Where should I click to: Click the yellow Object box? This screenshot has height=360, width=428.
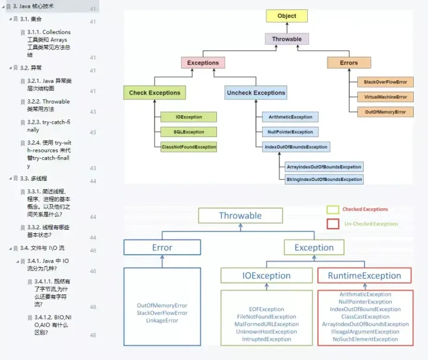[287, 16]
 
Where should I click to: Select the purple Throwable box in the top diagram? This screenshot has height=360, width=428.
[287, 39]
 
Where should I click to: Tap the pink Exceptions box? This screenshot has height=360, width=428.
[203, 62]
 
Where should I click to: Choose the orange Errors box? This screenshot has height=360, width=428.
[349, 62]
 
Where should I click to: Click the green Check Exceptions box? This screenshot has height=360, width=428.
[155, 93]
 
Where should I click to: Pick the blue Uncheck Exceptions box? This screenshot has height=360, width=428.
[256, 93]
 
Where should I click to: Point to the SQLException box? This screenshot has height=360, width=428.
[189, 132]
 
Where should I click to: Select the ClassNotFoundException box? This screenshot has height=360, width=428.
[189, 146]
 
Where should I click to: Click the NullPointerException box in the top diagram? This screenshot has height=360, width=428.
[290, 132]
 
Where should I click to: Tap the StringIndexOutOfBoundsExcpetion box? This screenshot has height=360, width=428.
[324, 179]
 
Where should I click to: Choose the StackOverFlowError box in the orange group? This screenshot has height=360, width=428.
[385, 82]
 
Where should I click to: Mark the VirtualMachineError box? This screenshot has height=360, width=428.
[385, 97]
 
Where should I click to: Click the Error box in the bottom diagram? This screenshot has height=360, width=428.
[162, 248]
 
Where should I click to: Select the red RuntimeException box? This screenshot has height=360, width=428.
[364, 276]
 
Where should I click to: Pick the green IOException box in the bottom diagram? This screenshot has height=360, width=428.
[266, 276]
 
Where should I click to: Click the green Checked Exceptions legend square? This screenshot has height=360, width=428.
[333, 209]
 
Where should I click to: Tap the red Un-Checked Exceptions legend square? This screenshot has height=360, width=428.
[333, 224]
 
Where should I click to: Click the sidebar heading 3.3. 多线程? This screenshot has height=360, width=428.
[33, 178]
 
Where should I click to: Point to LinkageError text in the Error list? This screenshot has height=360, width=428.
[162, 321]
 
